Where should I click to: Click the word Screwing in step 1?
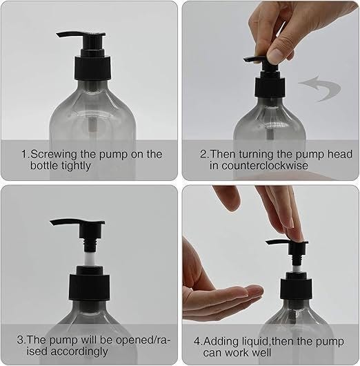click(x=54, y=155)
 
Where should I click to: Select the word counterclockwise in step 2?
click(x=265, y=166)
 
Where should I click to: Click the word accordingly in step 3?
click(x=79, y=351)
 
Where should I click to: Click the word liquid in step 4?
click(x=251, y=342)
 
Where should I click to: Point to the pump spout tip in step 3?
click(x=52, y=223)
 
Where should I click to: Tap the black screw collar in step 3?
click(x=89, y=287)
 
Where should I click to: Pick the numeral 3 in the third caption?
click(x=20, y=340)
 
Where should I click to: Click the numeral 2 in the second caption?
click(x=203, y=155)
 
